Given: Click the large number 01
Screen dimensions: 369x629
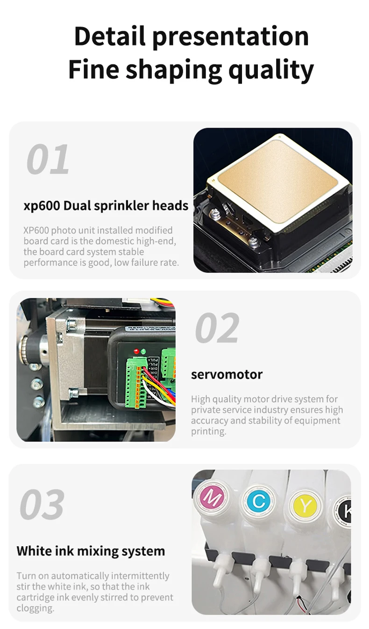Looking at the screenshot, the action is (x=48, y=159).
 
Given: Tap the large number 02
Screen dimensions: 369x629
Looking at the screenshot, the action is (x=217, y=327).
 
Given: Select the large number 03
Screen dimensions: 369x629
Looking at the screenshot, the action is (x=42, y=504).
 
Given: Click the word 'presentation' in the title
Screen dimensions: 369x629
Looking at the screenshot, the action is (x=231, y=37).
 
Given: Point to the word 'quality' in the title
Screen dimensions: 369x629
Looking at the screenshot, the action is (x=271, y=70).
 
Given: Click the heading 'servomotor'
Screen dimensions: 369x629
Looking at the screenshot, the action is (x=227, y=375).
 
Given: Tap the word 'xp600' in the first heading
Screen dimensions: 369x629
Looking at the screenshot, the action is (x=42, y=206).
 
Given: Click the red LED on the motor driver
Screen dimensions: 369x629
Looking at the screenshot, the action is (x=136, y=351).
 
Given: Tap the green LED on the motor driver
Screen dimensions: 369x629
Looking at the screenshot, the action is (x=143, y=351).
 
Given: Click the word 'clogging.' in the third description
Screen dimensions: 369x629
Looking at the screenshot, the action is (x=35, y=608).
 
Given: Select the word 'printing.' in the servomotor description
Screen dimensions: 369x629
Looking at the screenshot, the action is (x=209, y=431).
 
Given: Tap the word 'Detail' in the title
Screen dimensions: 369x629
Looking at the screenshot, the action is (x=110, y=36).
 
